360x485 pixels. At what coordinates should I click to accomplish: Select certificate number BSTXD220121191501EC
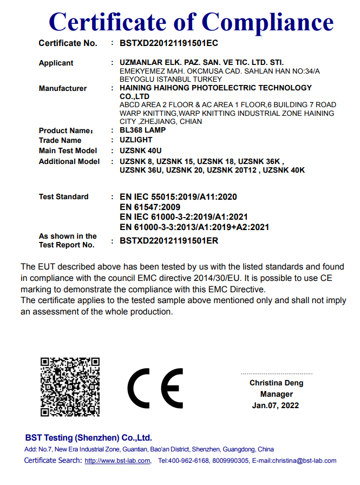pos(168,43)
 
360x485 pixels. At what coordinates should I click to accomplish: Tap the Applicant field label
pos(56,63)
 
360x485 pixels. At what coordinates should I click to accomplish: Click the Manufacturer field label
pos(63,88)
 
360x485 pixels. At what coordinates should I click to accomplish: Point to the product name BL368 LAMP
pos(142,130)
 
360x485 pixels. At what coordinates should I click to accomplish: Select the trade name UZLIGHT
pos(136,140)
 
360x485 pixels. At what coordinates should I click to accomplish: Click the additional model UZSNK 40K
pos(285,170)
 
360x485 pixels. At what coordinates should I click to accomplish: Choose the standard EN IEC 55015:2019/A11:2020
pos(178,196)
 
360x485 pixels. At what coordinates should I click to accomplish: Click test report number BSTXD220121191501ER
pos(168,241)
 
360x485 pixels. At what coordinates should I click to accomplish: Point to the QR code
pos(70,386)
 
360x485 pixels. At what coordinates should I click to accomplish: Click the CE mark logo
pos(155,389)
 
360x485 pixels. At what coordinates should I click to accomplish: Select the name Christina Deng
pos(276,383)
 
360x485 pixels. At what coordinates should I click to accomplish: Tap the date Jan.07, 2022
pos(276,405)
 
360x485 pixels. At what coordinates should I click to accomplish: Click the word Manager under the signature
pos(276,394)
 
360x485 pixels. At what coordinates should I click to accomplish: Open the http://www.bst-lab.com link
pos(117,461)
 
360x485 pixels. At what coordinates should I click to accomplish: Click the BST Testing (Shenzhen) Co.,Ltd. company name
pos(88,437)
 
